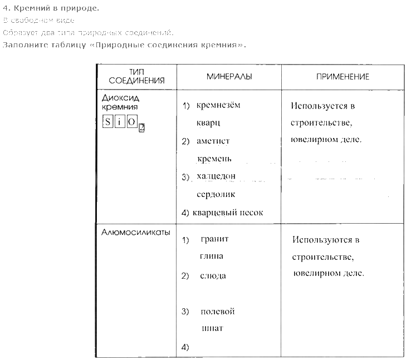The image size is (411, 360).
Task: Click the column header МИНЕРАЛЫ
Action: point(229,76)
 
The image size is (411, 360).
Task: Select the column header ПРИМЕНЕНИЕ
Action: point(342,76)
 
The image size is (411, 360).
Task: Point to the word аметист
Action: point(213,141)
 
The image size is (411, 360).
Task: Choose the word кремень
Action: point(214,159)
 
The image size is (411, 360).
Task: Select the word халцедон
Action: point(216,176)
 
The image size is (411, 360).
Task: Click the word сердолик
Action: point(216,194)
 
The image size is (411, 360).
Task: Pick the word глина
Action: point(211,257)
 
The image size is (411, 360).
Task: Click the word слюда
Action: point(213,275)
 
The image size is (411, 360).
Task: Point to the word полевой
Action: point(217,311)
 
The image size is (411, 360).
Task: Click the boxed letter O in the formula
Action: point(131,122)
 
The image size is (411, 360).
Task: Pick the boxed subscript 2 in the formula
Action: point(141,127)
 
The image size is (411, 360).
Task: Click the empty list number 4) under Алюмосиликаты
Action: point(186,347)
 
